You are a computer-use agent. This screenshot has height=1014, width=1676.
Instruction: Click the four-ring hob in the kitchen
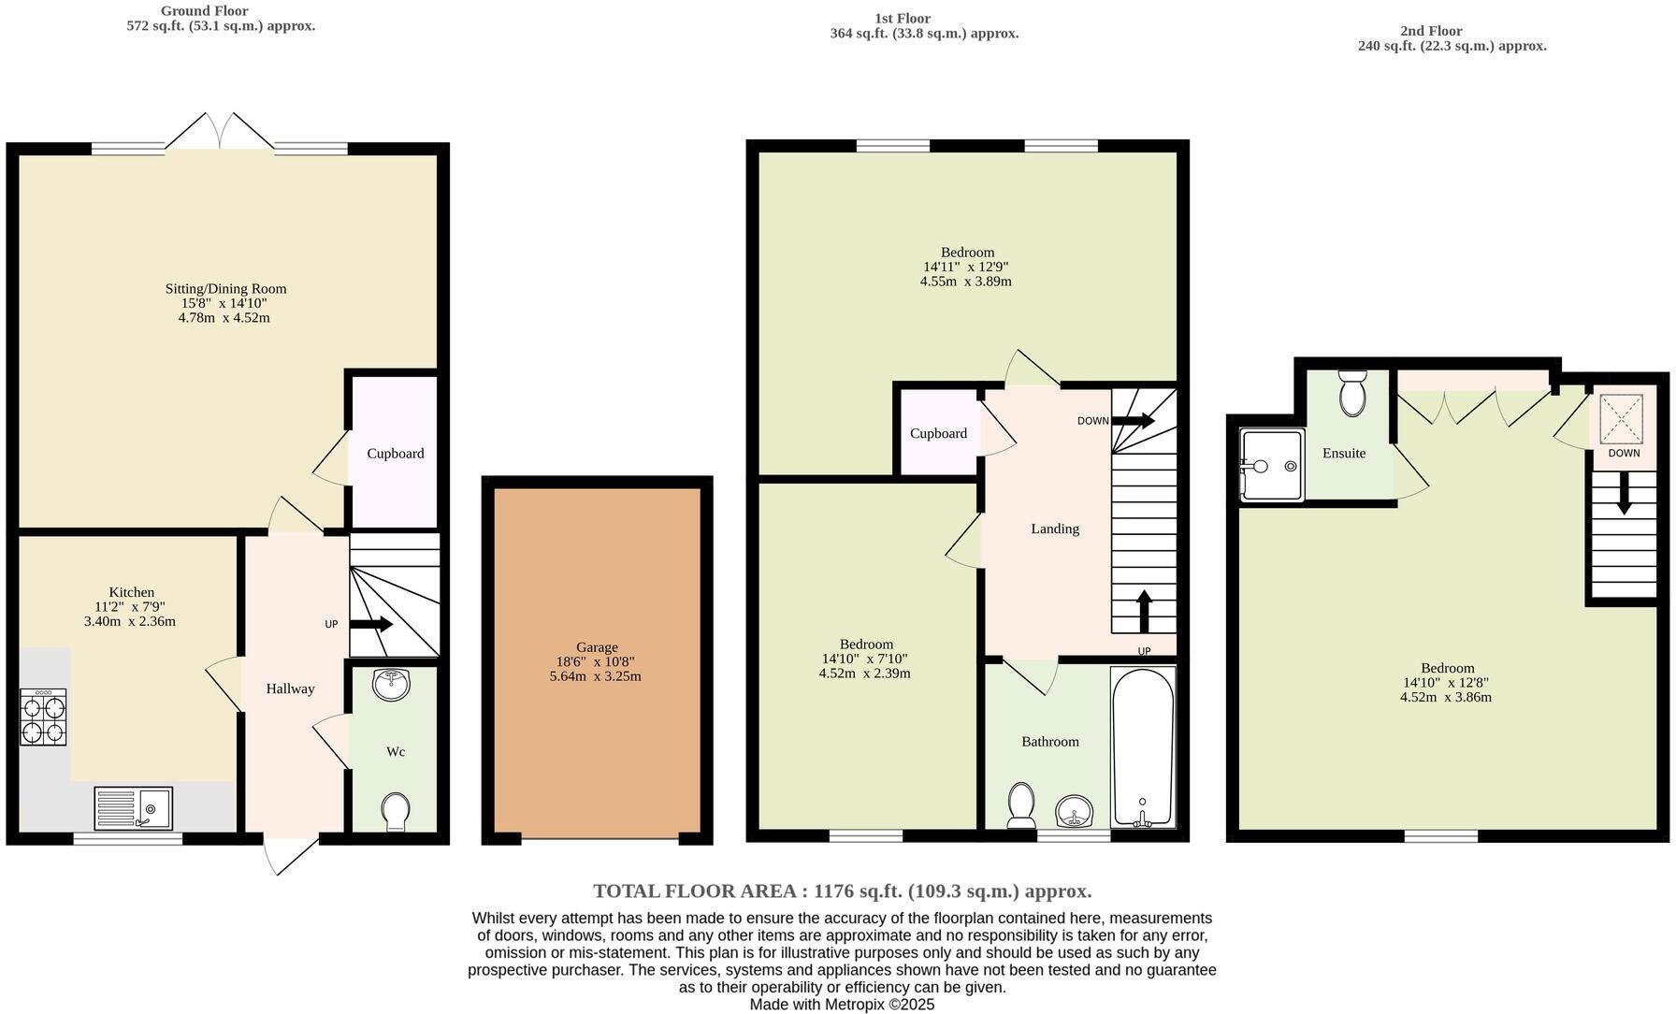coord(44,717)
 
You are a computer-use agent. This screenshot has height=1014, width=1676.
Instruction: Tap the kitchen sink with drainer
coord(133,808)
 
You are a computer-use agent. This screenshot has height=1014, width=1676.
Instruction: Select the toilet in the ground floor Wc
coord(396,810)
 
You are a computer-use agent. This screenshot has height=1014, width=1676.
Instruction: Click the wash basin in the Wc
coord(391,684)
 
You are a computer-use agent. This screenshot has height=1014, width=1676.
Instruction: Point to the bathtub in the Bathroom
coord(1142,746)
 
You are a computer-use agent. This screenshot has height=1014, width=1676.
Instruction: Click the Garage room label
coord(597,647)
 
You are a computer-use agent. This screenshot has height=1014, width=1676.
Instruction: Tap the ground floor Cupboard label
coord(395,454)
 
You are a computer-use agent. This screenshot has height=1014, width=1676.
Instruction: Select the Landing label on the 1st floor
coord(1055,529)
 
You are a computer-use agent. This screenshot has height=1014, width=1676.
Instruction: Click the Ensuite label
coord(1344,454)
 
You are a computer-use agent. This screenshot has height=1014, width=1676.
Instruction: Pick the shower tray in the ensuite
coord(1272,465)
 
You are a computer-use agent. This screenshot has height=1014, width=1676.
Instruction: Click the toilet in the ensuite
coord(1352,393)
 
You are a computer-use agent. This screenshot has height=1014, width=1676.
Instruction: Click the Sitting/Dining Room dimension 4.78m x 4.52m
coord(224,318)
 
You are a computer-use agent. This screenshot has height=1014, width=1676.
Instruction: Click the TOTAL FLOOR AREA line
coord(842,891)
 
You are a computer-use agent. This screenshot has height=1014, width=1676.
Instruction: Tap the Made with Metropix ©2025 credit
coord(842,1005)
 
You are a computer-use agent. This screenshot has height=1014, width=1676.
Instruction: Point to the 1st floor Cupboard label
coord(938,434)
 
